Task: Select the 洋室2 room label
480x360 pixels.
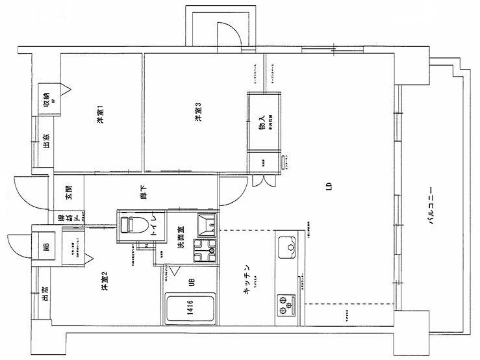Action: click(x=104, y=281)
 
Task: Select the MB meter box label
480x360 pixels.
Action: click(x=45, y=247)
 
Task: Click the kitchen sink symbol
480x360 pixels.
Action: click(x=286, y=247)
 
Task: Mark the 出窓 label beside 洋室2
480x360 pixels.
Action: click(x=45, y=295)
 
